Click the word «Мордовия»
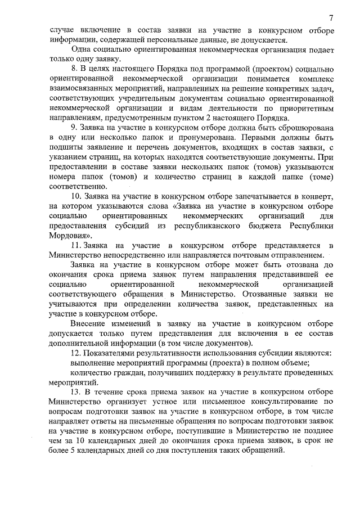pos(71,235)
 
